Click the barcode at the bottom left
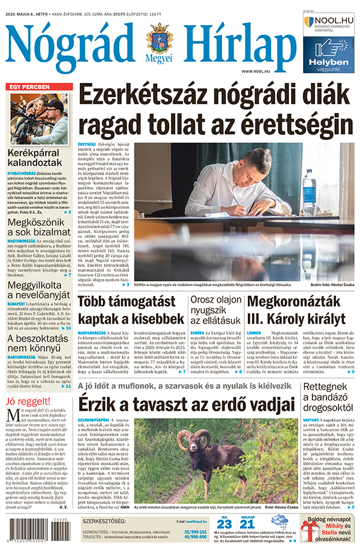pos(31,528)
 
